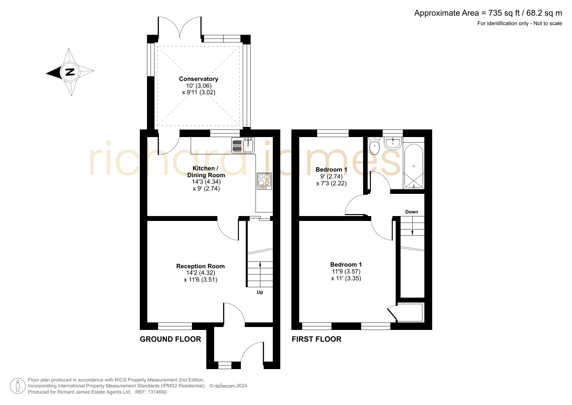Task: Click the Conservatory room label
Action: [x=198, y=79]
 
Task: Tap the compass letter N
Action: [x=70, y=72]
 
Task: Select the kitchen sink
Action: [x=243, y=146]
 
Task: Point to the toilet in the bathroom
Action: [x=374, y=146]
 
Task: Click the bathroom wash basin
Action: [x=392, y=143]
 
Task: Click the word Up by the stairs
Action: [x=260, y=292]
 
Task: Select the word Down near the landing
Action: [x=412, y=212]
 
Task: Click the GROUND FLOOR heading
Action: [x=170, y=339]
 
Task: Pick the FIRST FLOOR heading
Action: [x=316, y=339]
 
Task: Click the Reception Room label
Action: [x=200, y=266]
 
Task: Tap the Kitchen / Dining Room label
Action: [x=206, y=172]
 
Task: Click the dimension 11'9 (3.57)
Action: [x=346, y=272]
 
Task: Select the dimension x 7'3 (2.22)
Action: [x=331, y=183]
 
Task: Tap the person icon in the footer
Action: [x=18, y=386]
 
